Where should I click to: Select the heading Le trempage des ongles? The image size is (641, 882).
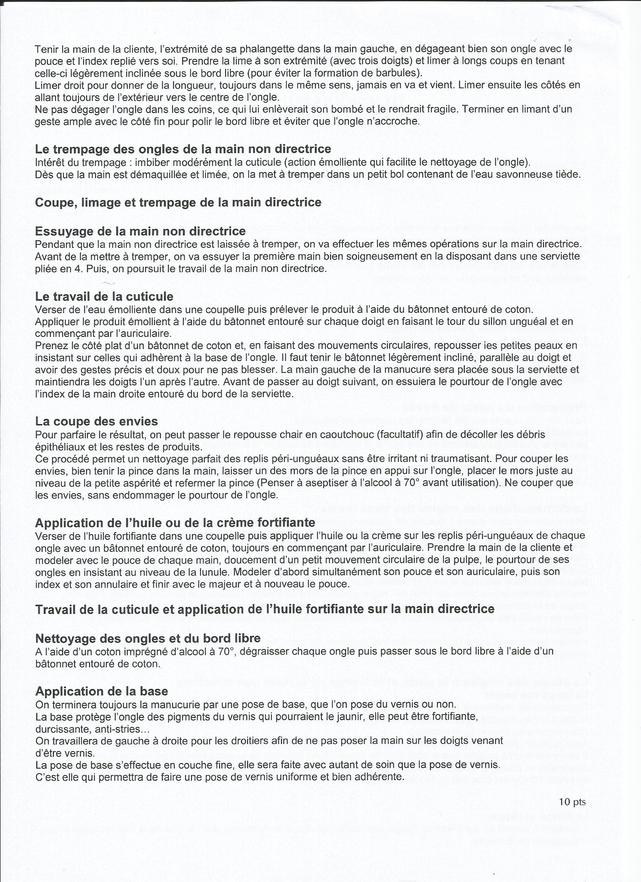[183, 149]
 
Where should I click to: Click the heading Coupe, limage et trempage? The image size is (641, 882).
[178, 202]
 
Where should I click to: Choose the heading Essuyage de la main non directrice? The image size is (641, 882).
[140, 231]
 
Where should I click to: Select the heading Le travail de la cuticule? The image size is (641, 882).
[104, 297]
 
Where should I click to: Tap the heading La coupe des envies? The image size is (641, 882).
[97, 421]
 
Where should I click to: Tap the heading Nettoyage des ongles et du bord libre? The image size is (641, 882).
[148, 638]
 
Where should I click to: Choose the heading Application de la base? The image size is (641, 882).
[101, 691]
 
